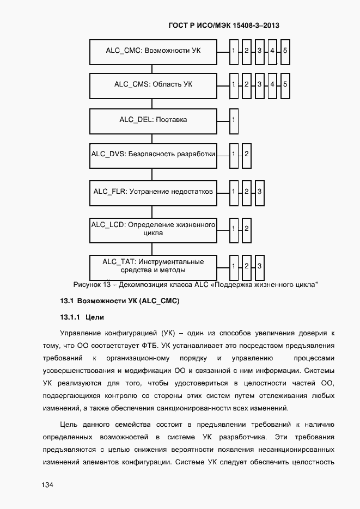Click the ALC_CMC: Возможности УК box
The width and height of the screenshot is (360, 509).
tap(153, 51)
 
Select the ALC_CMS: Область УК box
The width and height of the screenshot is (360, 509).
tap(153, 85)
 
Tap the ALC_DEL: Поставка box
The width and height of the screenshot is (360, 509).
tap(153, 119)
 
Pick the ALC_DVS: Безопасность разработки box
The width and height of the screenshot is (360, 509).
tap(153, 155)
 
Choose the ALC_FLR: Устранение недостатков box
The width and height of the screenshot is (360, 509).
tap(153, 192)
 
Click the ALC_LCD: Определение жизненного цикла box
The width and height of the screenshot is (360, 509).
tap(153, 229)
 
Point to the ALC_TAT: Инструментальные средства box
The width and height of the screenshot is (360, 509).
tap(153, 266)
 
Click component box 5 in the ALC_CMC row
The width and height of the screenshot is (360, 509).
tap(285, 51)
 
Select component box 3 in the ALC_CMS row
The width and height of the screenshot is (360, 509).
tap(259, 85)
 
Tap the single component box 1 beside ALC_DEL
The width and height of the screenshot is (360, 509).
tap(234, 119)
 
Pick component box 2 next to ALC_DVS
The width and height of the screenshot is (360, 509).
tap(246, 155)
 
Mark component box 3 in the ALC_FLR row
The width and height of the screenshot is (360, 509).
tap(259, 192)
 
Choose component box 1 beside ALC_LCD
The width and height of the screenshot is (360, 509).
tap(234, 229)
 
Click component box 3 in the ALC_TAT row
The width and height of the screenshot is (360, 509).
tap(259, 266)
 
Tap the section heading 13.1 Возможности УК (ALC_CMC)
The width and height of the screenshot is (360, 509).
tap(119, 301)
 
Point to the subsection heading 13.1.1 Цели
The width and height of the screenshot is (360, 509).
tap(82, 317)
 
